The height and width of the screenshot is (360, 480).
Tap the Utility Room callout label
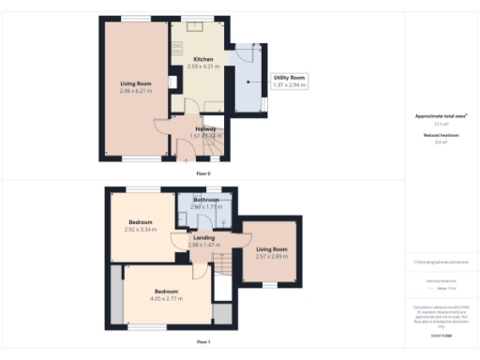tap(289, 78)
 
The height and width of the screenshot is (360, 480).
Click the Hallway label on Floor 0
tap(205, 128)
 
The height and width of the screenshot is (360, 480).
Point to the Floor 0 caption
tap(202, 174)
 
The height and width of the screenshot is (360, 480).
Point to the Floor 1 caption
tap(202, 342)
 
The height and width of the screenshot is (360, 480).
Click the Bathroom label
tap(206, 200)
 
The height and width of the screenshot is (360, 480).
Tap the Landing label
tap(203, 237)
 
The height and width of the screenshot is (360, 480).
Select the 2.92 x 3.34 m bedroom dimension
tap(143, 229)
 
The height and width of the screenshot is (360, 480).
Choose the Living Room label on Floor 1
tap(272, 248)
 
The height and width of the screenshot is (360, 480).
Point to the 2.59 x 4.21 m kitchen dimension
tap(202, 66)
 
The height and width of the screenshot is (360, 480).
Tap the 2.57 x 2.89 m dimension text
tap(272, 256)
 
